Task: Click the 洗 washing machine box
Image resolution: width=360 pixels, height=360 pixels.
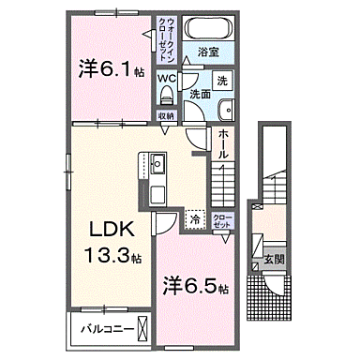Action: tap(221, 82)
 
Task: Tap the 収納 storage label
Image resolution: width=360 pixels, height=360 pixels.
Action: tap(166, 115)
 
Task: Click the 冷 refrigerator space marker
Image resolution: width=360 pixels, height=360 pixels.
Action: tap(195, 220)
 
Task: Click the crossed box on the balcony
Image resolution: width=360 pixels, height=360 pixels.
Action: tap(142, 329)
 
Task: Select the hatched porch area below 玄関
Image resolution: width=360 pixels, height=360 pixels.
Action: tap(270, 298)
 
